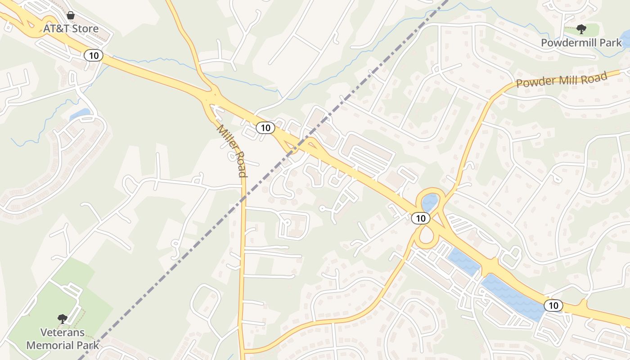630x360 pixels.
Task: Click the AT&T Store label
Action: pos(71,29)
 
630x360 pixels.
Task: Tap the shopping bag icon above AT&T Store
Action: pos(71,16)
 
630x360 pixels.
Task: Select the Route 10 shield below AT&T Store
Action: pos(94,55)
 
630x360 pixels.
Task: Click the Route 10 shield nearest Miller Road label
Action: pos(265,128)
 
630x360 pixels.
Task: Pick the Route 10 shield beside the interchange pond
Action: pos(420,218)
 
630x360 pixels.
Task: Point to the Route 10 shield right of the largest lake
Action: pos(553,306)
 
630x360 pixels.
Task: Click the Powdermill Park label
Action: pos(581,43)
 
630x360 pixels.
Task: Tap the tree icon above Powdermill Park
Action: pos(581,30)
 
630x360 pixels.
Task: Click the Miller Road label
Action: pos(232,150)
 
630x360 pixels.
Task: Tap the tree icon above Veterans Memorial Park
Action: pos(63,319)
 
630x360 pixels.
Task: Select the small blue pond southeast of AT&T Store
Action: pos(80,114)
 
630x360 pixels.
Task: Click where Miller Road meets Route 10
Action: pos(211,97)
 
